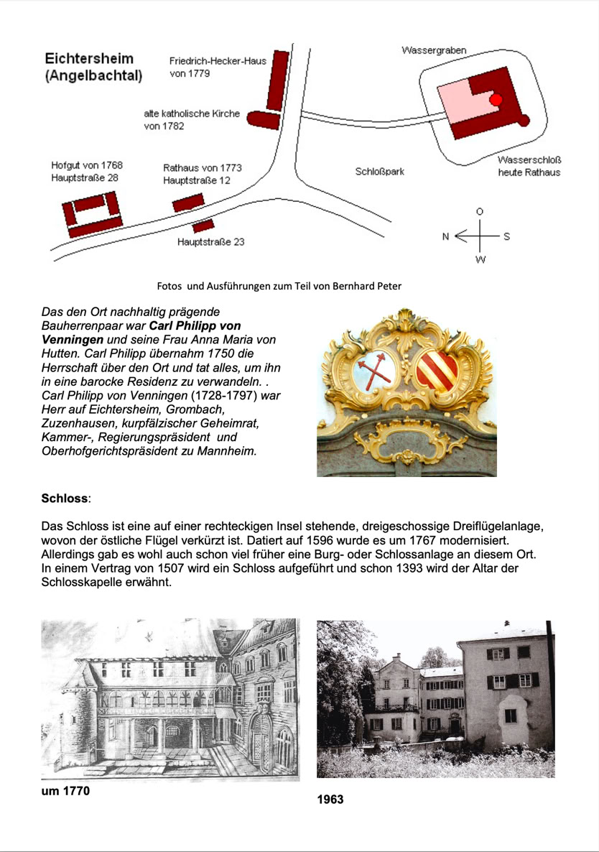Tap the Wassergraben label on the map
[433, 50]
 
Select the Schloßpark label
[380, 172]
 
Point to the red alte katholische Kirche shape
[262, 119]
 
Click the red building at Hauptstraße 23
[203, 226]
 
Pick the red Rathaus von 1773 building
[188, 203]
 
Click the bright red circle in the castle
[496, 100]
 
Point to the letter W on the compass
[480, 259]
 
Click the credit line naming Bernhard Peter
[279, 286]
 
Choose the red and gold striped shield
[437, 370]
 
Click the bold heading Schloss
[65, 497]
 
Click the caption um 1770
[67, 792]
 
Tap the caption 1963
[330, 799]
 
